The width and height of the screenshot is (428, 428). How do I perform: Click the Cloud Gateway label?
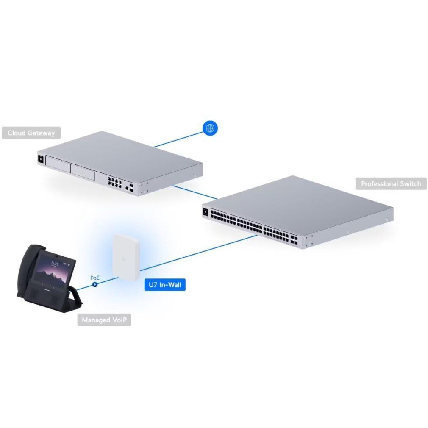(31, 133)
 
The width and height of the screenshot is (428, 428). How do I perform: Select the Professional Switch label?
(391, 183)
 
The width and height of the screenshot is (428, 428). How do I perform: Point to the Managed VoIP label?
(104, 320)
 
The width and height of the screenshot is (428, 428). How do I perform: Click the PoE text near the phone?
(94, 278)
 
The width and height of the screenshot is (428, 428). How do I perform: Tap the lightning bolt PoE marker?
(94, 284)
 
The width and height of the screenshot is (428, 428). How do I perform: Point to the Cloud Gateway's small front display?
(41, 159)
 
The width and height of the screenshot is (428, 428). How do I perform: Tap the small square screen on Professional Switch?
(206, 212)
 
